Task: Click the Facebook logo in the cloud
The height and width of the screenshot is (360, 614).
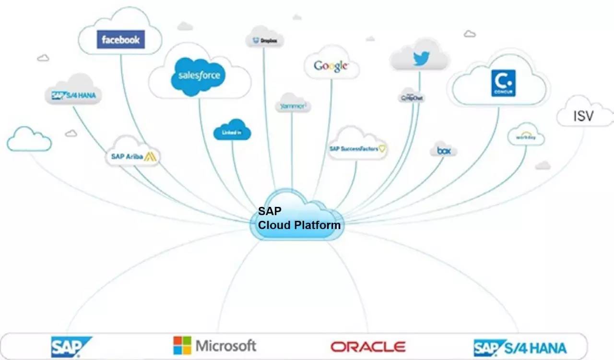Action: coord(120,40)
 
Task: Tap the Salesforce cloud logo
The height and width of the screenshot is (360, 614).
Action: coord(198,75)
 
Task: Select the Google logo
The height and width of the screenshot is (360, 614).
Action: coord(331,66)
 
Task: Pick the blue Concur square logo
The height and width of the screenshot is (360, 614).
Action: coord(503,83)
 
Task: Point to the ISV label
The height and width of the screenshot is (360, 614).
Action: coord(583,116)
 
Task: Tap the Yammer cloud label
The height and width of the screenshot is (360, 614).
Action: coord(292,107)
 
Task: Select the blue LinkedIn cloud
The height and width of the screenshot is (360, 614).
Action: coord(233,131)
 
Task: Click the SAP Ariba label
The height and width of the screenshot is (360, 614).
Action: coord(132,156)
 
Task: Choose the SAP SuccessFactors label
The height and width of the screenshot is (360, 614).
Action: coord(357,149)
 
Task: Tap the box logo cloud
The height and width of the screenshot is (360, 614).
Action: coord(443,151)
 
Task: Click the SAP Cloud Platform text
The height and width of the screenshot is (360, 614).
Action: coord(299,218)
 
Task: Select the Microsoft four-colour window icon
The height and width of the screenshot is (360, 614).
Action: coord(182,345)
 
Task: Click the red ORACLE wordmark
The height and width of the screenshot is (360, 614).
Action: coord(367,347)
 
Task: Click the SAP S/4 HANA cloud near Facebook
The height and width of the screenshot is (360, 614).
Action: coord(73,95)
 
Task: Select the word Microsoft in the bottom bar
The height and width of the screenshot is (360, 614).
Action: coord(225,346)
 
